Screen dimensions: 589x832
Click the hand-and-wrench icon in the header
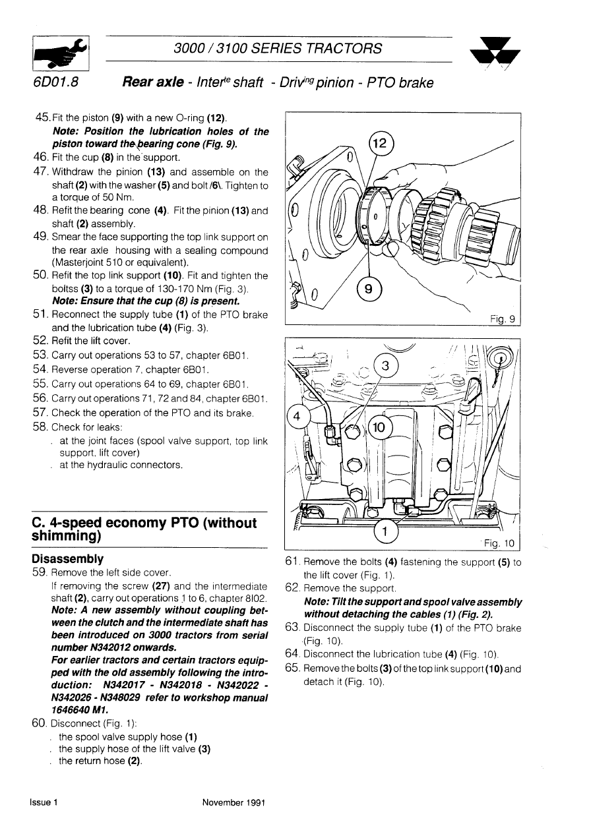click(x=61, y=53)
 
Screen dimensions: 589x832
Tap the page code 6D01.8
click(x=56, y=82)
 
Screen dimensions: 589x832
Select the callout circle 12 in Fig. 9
click(x=381, y=143)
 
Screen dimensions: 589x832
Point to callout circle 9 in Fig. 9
click(x=369, y=289)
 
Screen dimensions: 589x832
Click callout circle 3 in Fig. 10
click(x=385, y=366)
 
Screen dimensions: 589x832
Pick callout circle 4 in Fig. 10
click(x=297, y=417)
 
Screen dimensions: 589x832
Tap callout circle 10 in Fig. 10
click(x=379, y=427)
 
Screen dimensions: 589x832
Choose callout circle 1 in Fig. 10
click(x=385, y=531)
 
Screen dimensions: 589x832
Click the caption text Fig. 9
click(x=503, y=318)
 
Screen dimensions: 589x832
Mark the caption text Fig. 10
click(x=500, y=543)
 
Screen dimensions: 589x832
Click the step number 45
click(x=42, y=117)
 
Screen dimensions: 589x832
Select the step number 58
click(x=40, y=427)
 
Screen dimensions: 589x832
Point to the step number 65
click(x=292, y=668)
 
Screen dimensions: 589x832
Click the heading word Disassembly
click(x=68, y=558)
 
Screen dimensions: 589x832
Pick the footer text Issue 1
click(x=44, y=802)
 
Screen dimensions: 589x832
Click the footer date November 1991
click(x=233, y=802)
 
